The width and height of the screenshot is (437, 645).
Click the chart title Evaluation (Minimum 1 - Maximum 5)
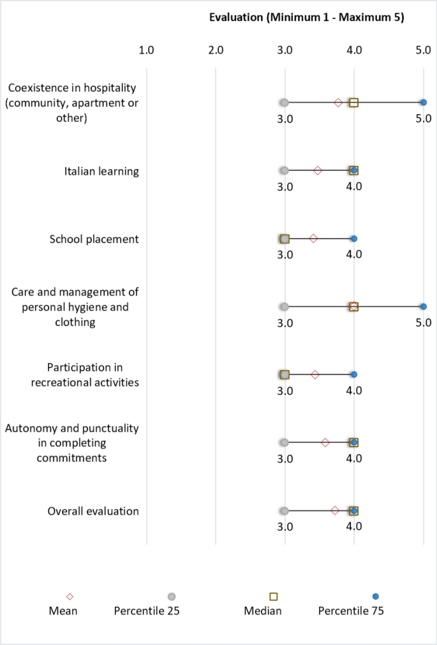click(306, 17)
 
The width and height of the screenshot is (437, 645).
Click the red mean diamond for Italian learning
click(318, 170)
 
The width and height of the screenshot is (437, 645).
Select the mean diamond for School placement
click(313, 239)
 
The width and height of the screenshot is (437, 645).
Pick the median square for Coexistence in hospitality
click(353, 102)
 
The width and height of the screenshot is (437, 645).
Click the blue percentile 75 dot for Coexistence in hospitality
click(423, 102)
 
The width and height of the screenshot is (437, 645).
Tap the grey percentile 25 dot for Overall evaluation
click(285, 511)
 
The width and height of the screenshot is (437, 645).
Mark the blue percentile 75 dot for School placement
click(354, 239)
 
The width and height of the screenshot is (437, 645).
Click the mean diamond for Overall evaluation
click(335, 511)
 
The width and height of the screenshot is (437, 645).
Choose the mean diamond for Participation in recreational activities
click(315, 374)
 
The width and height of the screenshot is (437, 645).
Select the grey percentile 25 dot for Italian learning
click(285, 170)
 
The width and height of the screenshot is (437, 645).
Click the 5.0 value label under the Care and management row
click(423, 323)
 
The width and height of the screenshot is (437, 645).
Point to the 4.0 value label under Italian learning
click(354, 186)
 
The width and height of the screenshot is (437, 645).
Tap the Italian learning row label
click(101, 171)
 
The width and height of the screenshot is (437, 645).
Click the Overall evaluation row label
click(93, 511)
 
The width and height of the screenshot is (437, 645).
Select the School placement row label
click(94, 239)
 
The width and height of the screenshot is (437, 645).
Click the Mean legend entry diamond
click(70, 597)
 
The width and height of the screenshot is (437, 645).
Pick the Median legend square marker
click(274, 597)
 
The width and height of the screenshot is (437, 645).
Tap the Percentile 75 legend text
click(351, 611)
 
